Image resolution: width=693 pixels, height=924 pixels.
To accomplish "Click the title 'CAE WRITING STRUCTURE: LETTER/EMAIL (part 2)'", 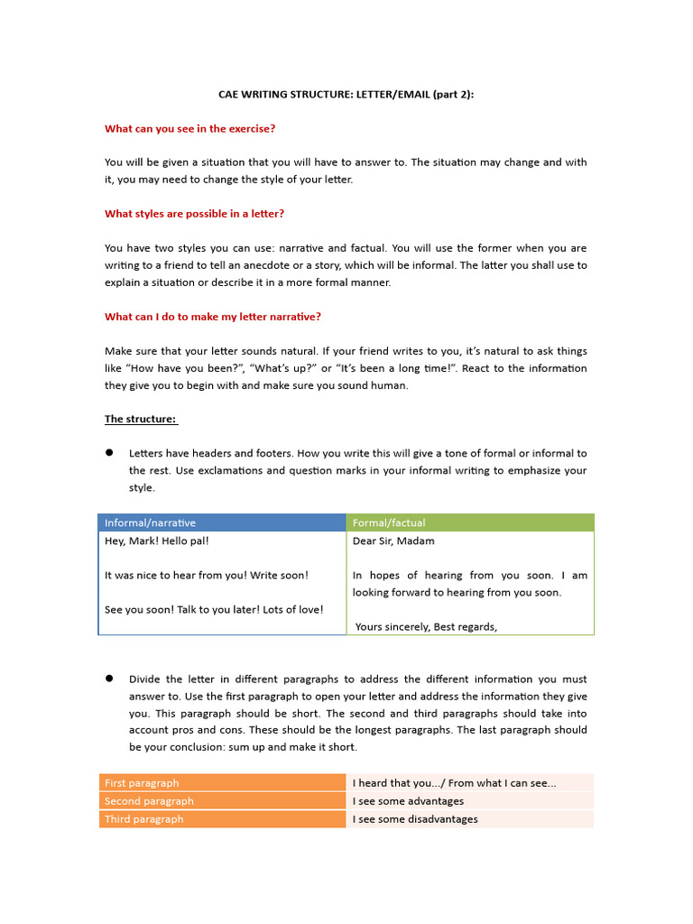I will pos(346,94).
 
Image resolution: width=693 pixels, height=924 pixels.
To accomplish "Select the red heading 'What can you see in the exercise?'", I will pos(189,128).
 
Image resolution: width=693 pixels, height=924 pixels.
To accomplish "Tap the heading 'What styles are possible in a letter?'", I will pos(194,214).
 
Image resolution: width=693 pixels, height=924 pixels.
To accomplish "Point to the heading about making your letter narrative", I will pos(213,317).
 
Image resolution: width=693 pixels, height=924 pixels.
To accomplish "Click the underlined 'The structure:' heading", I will pos(141,419).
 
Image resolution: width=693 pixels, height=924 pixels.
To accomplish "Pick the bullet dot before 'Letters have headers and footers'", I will pos(109,453).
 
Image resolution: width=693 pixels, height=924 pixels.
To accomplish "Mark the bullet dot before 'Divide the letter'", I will pos(109,679).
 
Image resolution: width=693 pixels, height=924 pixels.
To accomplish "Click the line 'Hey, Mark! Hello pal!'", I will pos(157,541).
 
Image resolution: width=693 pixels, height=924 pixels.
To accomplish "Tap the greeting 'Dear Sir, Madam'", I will pos(393,541).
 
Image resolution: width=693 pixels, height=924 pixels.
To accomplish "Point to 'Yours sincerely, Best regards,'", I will pos(427,627).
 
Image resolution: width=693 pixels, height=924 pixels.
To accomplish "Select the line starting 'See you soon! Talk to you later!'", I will pos(214,609).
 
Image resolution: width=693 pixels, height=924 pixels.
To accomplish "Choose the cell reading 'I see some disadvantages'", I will pos(415,819).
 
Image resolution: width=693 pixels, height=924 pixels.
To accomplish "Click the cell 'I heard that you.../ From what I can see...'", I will pos(454,783).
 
